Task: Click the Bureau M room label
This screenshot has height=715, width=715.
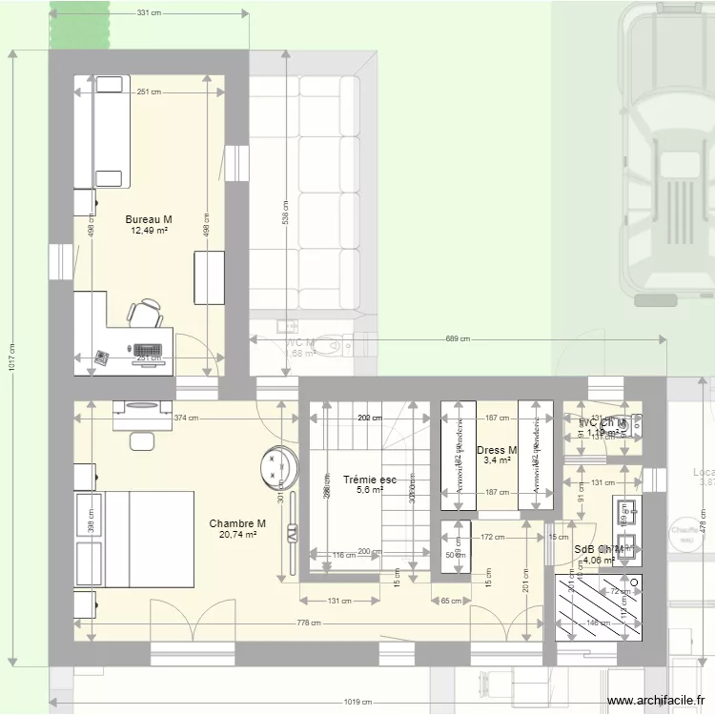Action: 149,219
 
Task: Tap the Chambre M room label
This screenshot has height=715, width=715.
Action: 237,523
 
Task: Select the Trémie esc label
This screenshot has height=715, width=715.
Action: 370,480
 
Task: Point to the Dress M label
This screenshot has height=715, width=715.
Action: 497,450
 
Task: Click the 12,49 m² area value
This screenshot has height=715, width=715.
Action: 149,231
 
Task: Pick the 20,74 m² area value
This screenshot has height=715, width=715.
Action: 237,535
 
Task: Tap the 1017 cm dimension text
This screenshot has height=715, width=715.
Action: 12,357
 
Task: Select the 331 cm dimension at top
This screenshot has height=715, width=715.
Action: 149,13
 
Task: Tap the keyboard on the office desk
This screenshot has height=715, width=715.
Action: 149,351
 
